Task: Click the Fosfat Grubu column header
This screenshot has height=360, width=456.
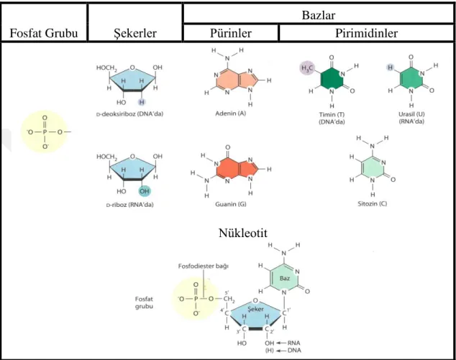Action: [x=44, y=33]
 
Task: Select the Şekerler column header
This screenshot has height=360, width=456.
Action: [x=135, y=33]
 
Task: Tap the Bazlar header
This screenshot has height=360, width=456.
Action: [x=319, y=15]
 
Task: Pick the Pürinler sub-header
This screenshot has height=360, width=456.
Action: [x=231, y=33]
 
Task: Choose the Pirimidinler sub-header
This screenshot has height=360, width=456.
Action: [x=366, y=33]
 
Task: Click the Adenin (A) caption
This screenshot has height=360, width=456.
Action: [x=231, y=114]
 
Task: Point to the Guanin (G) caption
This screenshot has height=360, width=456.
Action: [x=231, y=204]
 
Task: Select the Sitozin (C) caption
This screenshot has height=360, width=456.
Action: [x=373, y=203]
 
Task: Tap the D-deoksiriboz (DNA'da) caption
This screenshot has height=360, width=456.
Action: [x=129, y=114]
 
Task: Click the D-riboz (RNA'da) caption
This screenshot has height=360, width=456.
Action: [x=129, y=205]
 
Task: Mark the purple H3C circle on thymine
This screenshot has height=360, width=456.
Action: [x=307, y=68]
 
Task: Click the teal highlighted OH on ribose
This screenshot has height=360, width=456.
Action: [x=145, y=191]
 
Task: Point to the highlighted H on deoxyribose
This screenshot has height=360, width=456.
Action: [x=142, y=102]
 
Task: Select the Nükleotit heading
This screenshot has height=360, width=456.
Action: [x=243, y=233]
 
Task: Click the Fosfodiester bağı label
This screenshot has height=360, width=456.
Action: [x=204, y=266]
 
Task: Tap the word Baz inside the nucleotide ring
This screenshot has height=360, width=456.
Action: [x=285, y=278]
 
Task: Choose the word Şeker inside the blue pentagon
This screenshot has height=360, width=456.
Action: [x=255, y=310]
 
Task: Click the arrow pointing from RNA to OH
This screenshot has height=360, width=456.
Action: [x=281, y=343]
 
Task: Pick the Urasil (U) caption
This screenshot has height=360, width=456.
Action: [x=411, y=114]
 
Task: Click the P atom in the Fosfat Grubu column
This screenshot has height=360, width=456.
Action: [x=45, y=132]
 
